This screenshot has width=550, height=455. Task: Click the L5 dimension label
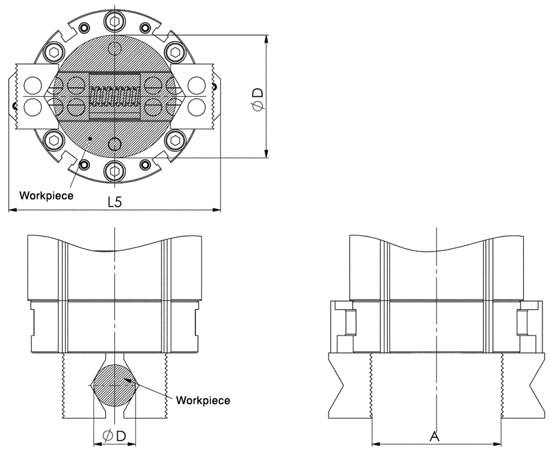point(114,202)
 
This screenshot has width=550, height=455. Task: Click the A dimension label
point(434,436)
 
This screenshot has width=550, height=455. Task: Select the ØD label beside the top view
point(258,99)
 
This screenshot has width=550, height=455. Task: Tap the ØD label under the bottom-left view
point(114,436)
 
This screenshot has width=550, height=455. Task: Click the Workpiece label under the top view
point(46,196)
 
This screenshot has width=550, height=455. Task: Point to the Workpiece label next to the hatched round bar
point(203,400)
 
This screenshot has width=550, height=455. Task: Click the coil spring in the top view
point(115,96)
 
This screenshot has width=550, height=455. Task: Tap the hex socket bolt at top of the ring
point(114,22)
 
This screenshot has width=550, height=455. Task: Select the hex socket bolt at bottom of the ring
point(114,171)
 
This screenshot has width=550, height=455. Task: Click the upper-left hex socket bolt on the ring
point(54,52)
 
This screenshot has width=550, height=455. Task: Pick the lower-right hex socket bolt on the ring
point(175,140)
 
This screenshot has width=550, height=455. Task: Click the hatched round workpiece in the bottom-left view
point(114,386)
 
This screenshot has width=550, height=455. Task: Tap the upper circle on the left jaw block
point(32,85)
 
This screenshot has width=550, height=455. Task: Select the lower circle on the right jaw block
point(197,107)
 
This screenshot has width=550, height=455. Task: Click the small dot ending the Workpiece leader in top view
point(90,139)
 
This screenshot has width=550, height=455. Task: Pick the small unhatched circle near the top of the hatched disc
point(114,48)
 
